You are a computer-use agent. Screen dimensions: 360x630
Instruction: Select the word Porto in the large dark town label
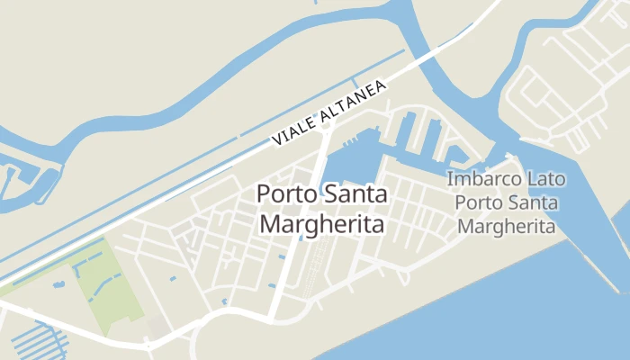pos(288,194)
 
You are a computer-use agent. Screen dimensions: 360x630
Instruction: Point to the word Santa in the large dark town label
pos(355,194)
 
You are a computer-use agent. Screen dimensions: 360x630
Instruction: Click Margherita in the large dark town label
pos(322,224)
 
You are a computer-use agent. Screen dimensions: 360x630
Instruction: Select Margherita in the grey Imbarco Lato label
pos(505,225)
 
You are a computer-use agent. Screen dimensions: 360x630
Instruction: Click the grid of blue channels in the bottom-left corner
pos(36,342)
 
